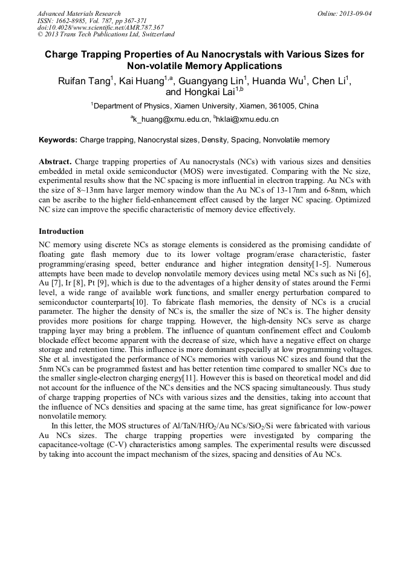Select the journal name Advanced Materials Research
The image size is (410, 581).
(x=79, y=13)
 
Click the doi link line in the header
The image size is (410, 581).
(x=100, y=27)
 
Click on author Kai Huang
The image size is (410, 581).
(x=142, y=82)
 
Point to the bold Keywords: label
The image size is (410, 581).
(x=58, y=140)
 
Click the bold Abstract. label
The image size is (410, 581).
(x=56, y=162)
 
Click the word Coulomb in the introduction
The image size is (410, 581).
(x=353, y=330)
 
